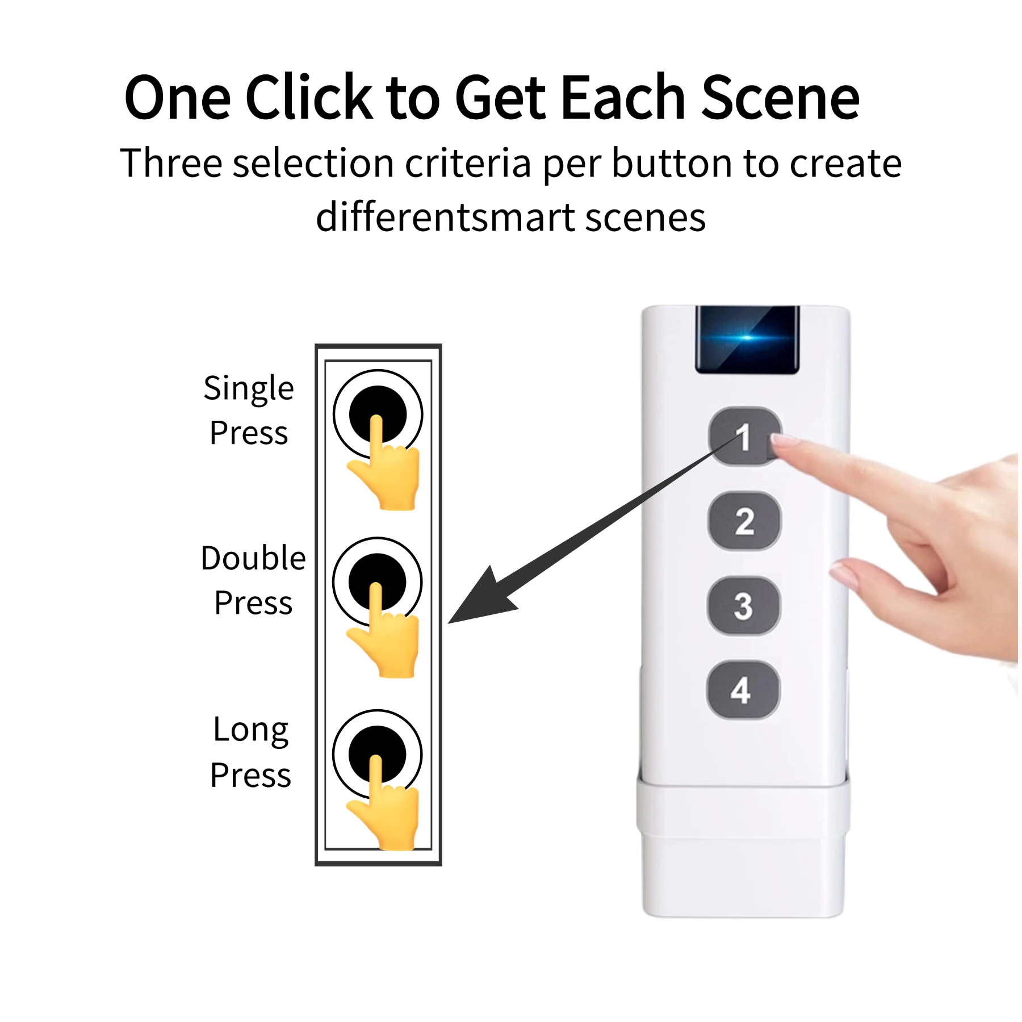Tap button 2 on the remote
(744, 521)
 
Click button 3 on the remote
(743, 605)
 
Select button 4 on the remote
(742, 690)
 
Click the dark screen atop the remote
(747, 340)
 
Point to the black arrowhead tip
(451, 622)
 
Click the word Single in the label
(249, 389)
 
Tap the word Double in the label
(253, 558)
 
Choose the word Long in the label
(250, 730)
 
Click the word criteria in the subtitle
(468, 164)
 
